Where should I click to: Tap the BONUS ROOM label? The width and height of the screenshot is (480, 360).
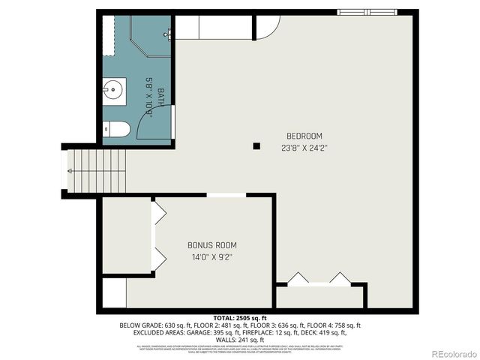pyautogui.click(x=211, y=245)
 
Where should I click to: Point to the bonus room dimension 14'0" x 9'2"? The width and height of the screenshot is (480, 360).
pyautogui.click(x=211, y=257)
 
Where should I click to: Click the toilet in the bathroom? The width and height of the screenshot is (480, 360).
pyautogui.click(x=115, y=129)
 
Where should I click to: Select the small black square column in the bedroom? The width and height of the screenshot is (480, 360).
pyautogui.click(x=257, y=145)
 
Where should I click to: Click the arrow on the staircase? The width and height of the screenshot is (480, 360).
pyautogui.click(x=69, y=171)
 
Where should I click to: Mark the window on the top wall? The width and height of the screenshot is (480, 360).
pyautogui.click(x=367, y=12)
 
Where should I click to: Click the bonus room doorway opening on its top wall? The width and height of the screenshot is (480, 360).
pyautogui.click(x=226, y=195)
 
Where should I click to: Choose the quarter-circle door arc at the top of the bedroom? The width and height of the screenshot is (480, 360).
pyautogui.click(x=266, y=28)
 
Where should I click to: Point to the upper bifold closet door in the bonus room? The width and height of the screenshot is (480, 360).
pyautogui.click(x=158, y=214)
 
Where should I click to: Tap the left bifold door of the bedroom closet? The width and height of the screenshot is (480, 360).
pyautogui.click(x=298, y=278)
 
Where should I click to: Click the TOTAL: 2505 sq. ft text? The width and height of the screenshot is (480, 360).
pyautogui.click(x=239, y=318)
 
